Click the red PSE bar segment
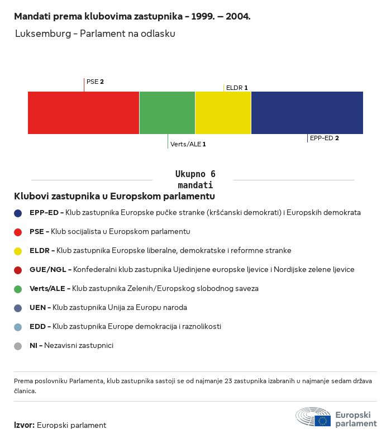coord(83,113)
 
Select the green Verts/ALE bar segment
coord(167,113)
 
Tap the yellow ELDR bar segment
coord(223,113)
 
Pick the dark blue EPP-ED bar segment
coord(307,113)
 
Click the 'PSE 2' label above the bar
coord(95,82)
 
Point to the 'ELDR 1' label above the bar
coord(237,88)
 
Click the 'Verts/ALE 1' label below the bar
coord(188,144)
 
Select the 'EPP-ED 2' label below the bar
coord(325,137)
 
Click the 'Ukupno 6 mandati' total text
coord(195,179)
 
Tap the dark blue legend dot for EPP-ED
coord(18,213)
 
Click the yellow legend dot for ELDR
coord(18,251)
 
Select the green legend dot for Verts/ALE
coord(18,289)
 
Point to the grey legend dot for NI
coord(18,346)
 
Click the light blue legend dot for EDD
coord(18,327)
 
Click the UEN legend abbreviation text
coord(38,308)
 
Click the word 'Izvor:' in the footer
coord(24,425)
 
